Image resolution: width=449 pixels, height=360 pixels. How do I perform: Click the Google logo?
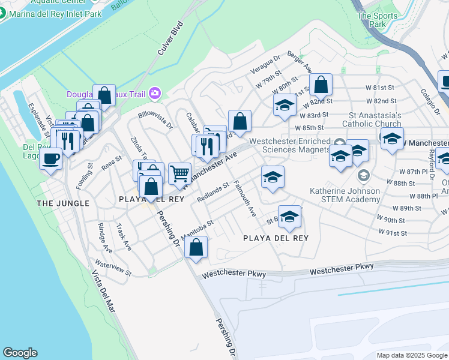(x=20, y=353)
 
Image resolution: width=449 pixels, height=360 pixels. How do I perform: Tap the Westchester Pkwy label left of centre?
(x=234, y=274)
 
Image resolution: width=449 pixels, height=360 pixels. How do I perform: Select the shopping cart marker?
(x=180, y=173)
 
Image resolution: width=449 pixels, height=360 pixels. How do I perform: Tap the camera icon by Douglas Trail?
(x=155, y=92)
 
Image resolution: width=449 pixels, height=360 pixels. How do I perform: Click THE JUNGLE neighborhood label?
(x=63, y=203)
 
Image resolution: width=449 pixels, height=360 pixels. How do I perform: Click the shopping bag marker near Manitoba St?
(x=196, y=247)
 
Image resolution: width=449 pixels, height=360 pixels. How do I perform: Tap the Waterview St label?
(x=113, y=268)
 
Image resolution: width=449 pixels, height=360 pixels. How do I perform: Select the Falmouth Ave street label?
(x=245, y=199)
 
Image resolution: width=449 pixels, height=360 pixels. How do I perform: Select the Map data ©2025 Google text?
(x=412, y=355)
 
